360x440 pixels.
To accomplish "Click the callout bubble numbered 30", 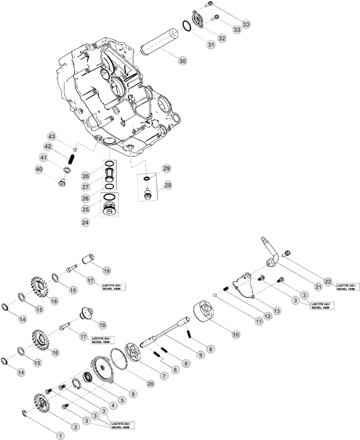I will click(x=182, y=61).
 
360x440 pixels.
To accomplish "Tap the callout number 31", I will click(x=211, y=45).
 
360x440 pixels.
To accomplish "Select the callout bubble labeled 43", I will click(x=52, y=136).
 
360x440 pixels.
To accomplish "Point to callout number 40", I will click(x=39, y=169).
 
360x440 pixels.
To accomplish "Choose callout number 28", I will click(x=167, y=185).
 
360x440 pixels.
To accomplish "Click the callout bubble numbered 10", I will click(x=235, y=334).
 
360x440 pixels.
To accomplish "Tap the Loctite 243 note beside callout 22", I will click(x=348, y=287).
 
